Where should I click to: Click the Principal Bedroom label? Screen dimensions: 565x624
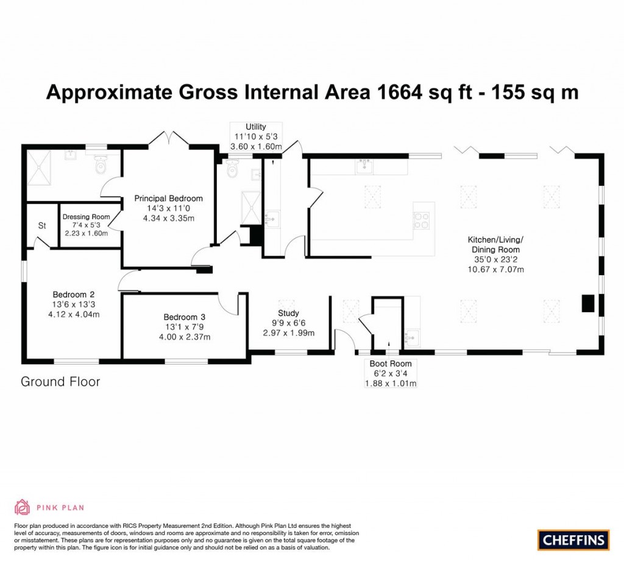168,198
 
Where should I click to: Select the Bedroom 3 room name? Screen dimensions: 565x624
184,317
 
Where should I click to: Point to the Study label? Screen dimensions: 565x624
288,314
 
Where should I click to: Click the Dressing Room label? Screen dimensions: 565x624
86,217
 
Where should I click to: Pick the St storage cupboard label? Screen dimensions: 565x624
42,226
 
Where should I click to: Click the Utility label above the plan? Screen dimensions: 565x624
255,127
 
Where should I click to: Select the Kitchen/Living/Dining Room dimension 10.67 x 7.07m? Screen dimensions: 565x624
495,269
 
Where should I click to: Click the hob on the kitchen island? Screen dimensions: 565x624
422,220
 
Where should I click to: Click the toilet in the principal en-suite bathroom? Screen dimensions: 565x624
101,164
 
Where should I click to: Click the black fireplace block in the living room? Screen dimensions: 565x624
587,303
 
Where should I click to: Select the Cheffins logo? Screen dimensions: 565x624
573,539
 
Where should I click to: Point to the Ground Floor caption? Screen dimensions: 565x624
60,382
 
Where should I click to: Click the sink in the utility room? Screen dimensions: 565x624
272,217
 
